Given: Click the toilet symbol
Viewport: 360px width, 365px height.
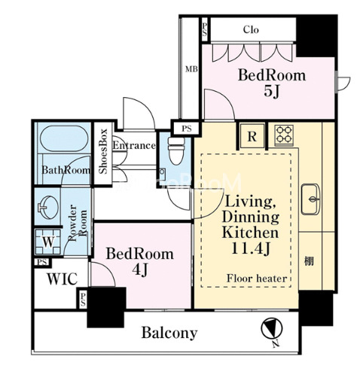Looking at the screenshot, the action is coord(176,151).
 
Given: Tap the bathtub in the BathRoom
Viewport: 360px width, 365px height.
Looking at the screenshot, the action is coord(64,138).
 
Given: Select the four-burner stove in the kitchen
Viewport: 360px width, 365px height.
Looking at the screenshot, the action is coord(284,134).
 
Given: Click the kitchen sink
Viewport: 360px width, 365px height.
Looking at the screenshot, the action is coord(311,199).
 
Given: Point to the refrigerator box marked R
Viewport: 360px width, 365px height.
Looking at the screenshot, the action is coord(252,135).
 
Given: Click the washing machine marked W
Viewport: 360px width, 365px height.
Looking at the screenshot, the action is coord(48,242).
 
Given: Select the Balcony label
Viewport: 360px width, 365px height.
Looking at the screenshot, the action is coord(169,333).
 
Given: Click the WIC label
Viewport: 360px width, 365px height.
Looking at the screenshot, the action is coord(62,278).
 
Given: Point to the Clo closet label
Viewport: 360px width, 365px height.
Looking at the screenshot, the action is coord(251,30).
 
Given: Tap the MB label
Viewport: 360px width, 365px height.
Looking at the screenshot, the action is coord(191,69).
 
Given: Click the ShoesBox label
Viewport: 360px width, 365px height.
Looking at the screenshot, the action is coord(103,151).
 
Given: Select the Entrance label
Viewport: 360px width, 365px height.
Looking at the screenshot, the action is coord(134,145).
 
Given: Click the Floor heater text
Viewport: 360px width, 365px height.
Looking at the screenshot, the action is coord(257,278).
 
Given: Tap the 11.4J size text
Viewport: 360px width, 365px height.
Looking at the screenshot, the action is coord(250,249).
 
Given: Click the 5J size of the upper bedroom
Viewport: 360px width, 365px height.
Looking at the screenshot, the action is coord(272,92).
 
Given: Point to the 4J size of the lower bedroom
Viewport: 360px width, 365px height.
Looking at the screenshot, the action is coord(140,269).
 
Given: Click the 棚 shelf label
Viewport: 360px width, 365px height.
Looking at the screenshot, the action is coord(309,262).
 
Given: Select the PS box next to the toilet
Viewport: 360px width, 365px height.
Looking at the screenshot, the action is coord(187,129).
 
